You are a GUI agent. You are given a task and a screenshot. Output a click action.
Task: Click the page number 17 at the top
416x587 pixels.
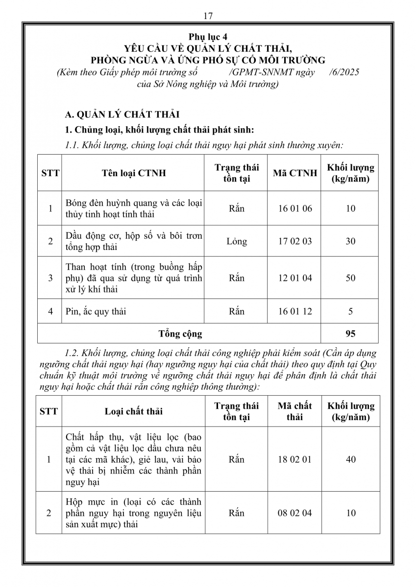(x=208, y=16)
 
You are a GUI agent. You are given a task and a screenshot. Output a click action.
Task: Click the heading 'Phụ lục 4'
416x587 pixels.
(x=208, y=37)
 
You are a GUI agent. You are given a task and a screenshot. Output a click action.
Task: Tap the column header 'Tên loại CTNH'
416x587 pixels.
(x=133, y=173)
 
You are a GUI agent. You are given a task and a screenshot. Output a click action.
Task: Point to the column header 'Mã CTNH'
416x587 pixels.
(x=294, y=173)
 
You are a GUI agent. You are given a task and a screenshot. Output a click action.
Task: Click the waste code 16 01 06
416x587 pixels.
(x=294, y=208)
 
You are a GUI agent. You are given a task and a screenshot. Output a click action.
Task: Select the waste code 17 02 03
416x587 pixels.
(x=294, y=241)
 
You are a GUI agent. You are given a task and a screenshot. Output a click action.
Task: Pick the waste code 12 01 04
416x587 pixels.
(x=294, y=278)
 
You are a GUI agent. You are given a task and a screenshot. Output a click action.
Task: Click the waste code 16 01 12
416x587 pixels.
(x=294, y=311)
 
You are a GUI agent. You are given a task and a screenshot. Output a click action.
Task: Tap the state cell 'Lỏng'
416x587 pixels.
(x=237, y=241)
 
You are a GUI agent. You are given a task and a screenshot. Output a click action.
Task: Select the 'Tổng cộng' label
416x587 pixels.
(x=180, y=334)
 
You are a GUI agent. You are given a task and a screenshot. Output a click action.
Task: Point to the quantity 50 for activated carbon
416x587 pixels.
(x=350, y=278)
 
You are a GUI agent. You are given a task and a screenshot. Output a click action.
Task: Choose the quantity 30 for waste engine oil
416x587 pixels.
(x=350, y=241)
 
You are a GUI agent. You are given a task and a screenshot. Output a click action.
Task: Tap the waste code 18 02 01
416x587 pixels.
(x=294, y=459)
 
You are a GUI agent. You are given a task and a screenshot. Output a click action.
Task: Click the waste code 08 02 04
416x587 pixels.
(x=294, y=513)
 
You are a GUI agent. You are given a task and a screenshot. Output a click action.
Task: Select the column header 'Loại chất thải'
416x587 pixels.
(x=133, y=411)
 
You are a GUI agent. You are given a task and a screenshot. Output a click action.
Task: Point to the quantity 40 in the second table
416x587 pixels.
(x=350, y=459)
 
